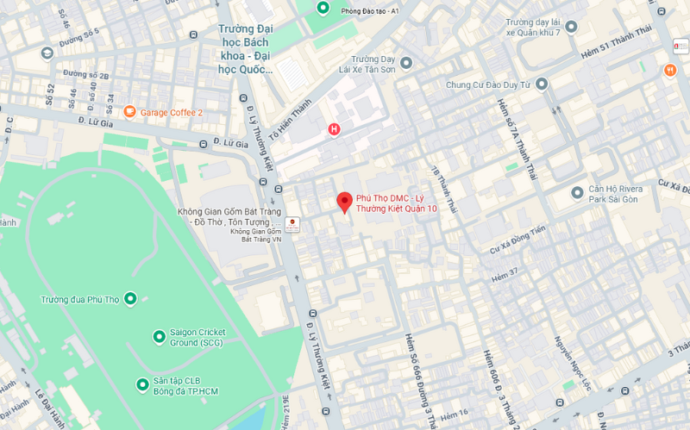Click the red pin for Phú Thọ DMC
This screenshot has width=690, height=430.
click(x=344, y=202)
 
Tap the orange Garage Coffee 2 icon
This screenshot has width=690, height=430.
click(x=129, y=111)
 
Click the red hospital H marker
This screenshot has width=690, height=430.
click(x=334, y=130)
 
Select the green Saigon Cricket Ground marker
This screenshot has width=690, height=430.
click(x=159, y=336)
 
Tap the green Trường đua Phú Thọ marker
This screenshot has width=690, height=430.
click(x=130, y=299)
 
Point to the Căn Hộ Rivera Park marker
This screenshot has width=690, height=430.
click(x=577, y=191)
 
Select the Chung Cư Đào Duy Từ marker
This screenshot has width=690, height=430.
click(x=542, y=84)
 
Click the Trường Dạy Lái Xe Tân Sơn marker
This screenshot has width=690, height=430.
click(x=406, y=62)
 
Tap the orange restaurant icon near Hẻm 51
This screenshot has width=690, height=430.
click(x=670, y=70)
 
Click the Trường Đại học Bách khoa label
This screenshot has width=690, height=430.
click(x=245, y=48)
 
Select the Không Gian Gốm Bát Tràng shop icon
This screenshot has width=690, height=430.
click(x=292, y=225)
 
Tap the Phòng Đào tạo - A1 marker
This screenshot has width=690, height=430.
click(x=323, y=9)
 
